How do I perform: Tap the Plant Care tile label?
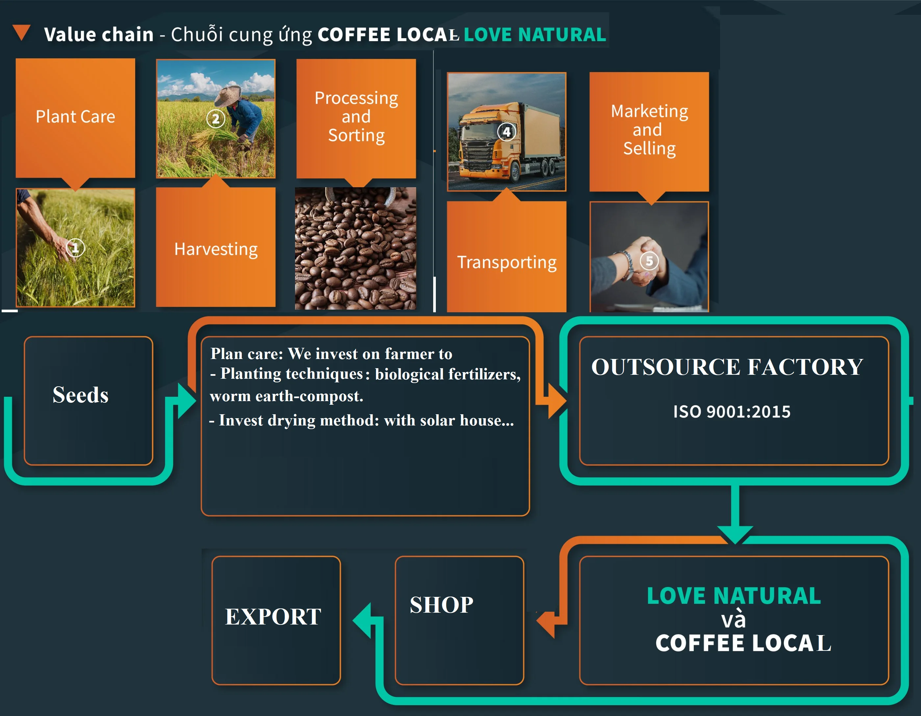pyautogui.click(x=75, y=116)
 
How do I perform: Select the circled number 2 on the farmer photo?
pyautogui.click(x=215, y=119)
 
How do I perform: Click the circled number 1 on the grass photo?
pyautogui.click(x=75, y=248)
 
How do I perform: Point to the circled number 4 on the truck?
pyautogui.click(x=507, y=132)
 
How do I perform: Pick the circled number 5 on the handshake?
pyautogui.click(x=649, y=261)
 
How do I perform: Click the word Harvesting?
pyautogui.click(x=216, y=249)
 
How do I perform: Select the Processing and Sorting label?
pyautogui.click(x=356, y=116)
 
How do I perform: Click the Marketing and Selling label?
pyautogui.click(x=649, y=130)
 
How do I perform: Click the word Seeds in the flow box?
pyautogui.click(x=81, y=395)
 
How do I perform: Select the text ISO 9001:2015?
pyautogui.click(x=732, y=411)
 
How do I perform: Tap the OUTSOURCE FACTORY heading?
pyautogui.click(x=727, y=367)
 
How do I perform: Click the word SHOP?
pyautogui.click(x=441, y=604)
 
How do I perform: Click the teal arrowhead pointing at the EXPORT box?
pyautogui.click(x=363, y=620)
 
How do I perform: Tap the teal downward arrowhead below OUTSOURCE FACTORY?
pyautogui.click(x=735, y=534)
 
